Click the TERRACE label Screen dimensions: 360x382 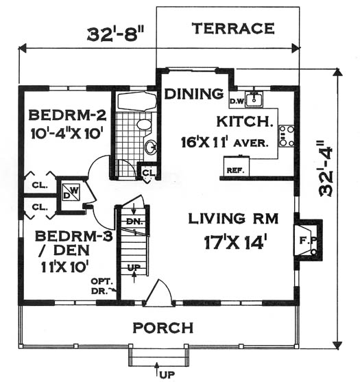233,28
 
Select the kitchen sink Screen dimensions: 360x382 254,99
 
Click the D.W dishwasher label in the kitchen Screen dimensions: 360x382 237,101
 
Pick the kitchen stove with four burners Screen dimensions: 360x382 287,136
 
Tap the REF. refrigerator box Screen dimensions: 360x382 237,166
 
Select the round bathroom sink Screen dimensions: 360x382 151,147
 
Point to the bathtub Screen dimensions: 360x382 137,102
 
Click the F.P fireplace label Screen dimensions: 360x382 308,241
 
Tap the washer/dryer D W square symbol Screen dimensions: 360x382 71,192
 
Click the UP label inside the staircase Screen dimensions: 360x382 134,267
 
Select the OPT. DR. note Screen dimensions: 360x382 102,286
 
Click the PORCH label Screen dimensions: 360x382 163,328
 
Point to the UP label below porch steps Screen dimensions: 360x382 167,374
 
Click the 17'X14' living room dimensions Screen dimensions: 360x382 235,242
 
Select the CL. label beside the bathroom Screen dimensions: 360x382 149,173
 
